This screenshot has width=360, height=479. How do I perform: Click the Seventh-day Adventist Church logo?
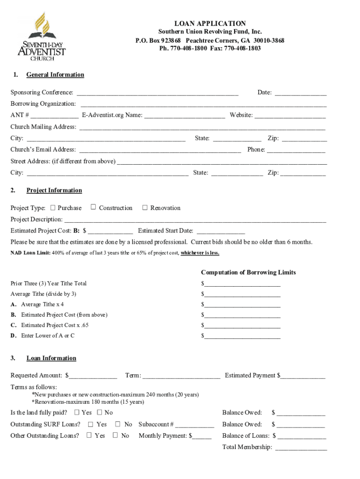click(42, 37)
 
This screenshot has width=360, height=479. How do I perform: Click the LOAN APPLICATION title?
click(210, 23)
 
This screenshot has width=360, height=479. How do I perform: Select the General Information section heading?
click(55, 75)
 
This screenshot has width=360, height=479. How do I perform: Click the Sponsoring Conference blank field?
click(158, 93)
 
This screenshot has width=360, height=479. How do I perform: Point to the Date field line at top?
click(300, 93)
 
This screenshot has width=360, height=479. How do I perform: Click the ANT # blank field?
click(55, 115)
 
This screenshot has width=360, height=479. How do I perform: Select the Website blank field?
click(290, 115)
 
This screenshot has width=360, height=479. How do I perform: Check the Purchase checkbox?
click(53, 208)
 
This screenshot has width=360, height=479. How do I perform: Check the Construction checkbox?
click(94, 207)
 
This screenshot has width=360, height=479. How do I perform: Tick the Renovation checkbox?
click(145, 208)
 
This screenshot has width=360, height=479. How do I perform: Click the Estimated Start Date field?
click(220, 231)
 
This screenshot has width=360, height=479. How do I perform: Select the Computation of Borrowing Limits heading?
click(248, 273)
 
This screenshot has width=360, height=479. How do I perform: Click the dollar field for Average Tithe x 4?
click(242, 305)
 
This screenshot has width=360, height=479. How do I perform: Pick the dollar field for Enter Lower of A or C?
click(242, 336)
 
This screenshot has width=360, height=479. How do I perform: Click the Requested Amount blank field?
click(93, 376)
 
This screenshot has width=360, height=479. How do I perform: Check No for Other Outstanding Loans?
click(115, 435)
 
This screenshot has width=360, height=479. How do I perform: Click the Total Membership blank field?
click(301, 448)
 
